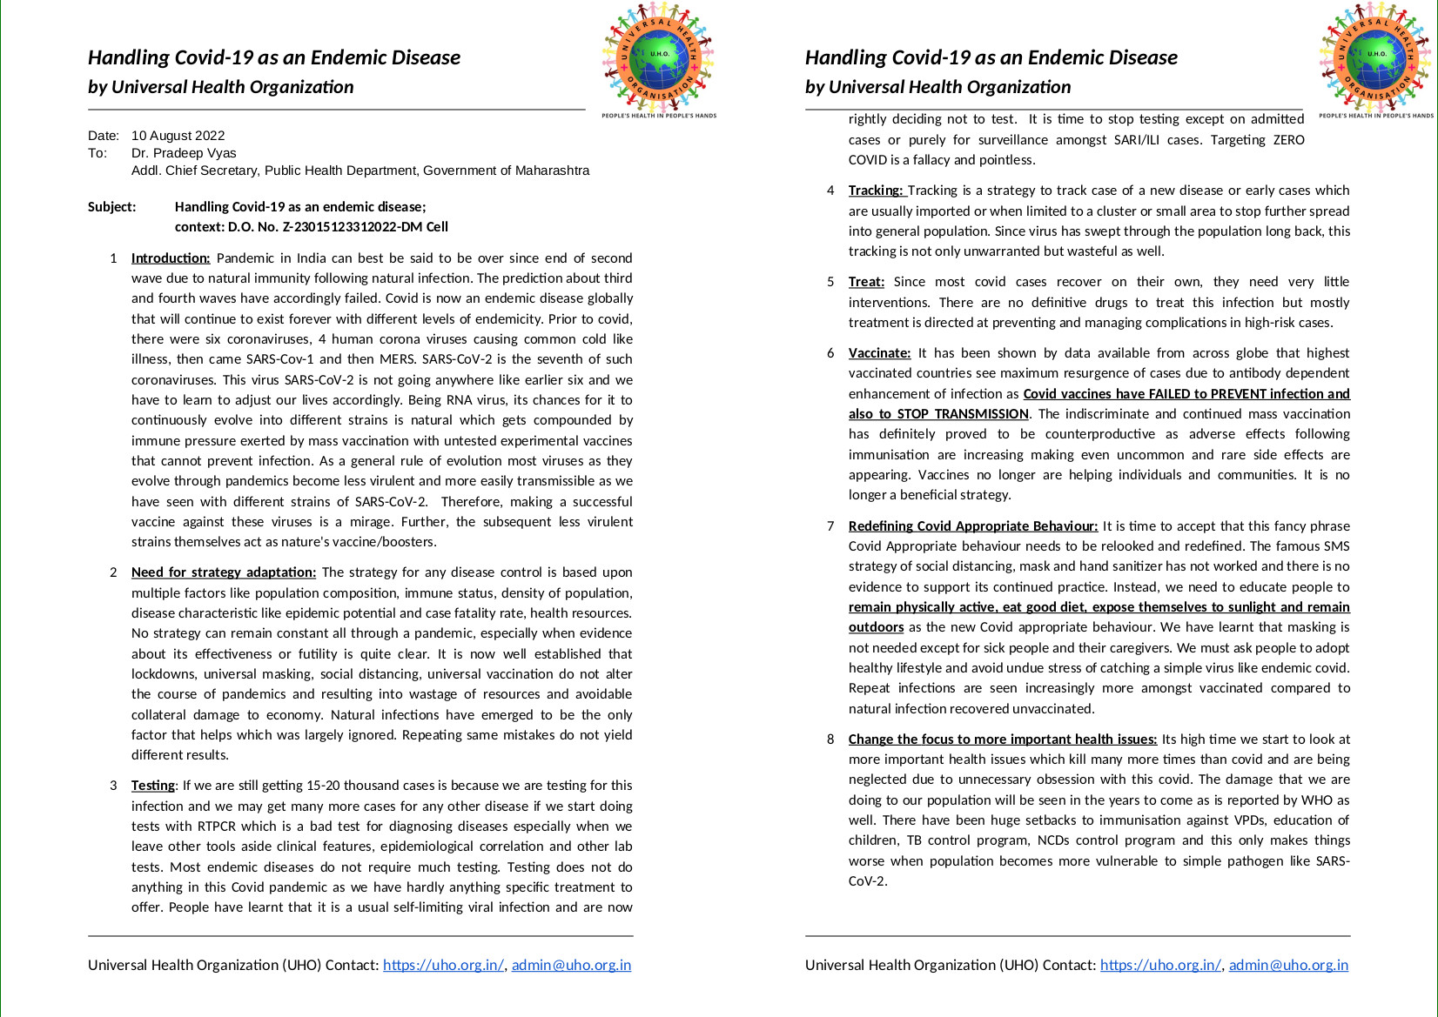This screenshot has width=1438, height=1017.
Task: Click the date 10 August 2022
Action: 178,136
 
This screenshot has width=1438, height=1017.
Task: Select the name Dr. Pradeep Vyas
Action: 184,153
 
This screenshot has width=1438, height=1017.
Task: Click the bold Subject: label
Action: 112,207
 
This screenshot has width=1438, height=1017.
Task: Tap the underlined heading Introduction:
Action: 171,258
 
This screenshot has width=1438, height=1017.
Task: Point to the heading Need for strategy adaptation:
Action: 224,572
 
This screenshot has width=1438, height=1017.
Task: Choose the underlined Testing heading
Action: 152,786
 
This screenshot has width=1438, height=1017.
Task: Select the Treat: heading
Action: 866,282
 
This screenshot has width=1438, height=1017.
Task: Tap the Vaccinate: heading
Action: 879,353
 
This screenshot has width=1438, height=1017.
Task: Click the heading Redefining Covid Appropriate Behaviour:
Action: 972,526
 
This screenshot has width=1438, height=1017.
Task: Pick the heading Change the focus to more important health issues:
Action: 1002,739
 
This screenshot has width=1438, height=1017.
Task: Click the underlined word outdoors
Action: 876,627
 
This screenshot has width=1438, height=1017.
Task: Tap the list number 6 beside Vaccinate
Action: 830,353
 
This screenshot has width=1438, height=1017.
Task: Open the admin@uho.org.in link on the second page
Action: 1288,965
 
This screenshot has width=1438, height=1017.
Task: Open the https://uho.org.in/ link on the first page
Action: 443,965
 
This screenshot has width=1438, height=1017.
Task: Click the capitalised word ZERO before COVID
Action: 1288,140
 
